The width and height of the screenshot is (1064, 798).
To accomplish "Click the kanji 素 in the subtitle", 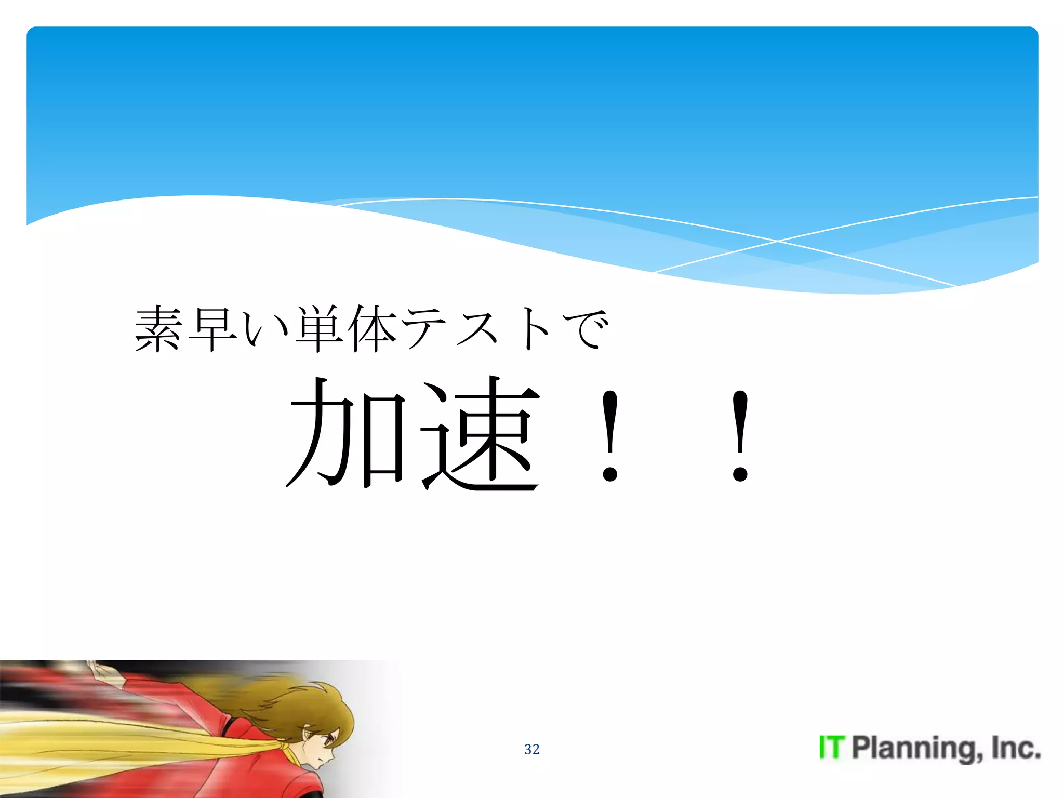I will click(159, 329).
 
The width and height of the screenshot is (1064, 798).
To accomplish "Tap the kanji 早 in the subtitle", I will click(212, 329).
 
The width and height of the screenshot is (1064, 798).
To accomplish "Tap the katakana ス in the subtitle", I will click(477, 329).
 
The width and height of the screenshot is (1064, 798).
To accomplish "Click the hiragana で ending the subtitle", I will click(585, 329).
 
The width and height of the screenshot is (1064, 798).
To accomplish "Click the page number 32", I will click(532, 749).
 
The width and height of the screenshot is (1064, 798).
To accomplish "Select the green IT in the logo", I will click(832, 748).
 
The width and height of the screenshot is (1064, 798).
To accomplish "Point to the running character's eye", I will click(328, 742).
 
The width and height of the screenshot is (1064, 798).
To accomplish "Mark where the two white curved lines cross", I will click(778, 241).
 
